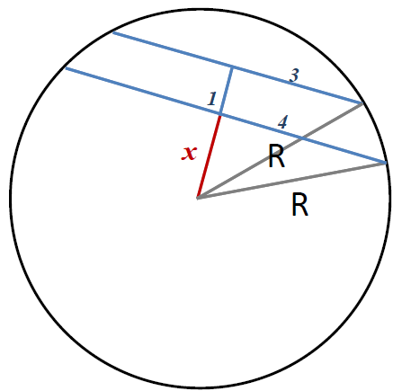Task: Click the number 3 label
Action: point(294,76)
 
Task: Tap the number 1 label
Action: point(212,99)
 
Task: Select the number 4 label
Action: point(282,122)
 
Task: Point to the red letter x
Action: point(189,153)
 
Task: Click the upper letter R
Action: point(276,156)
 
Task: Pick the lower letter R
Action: point(299,204)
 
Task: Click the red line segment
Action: point(209,156)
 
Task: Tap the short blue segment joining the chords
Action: point(227,91)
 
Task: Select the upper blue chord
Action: point(237,68)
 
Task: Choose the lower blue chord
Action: point(226,116)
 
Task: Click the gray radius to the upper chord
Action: point(280,150)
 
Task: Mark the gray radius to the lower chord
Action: point(291,181)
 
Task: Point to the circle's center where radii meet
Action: point(198,198)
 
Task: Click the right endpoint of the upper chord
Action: point(362,103)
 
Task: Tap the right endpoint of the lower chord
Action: point(386,163)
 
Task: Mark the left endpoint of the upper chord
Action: point(113,32)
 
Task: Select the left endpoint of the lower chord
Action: point(66,68)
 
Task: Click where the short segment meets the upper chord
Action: point(232,67)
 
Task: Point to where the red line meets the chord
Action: point(220,114)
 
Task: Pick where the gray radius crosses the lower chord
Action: point(301,138)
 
